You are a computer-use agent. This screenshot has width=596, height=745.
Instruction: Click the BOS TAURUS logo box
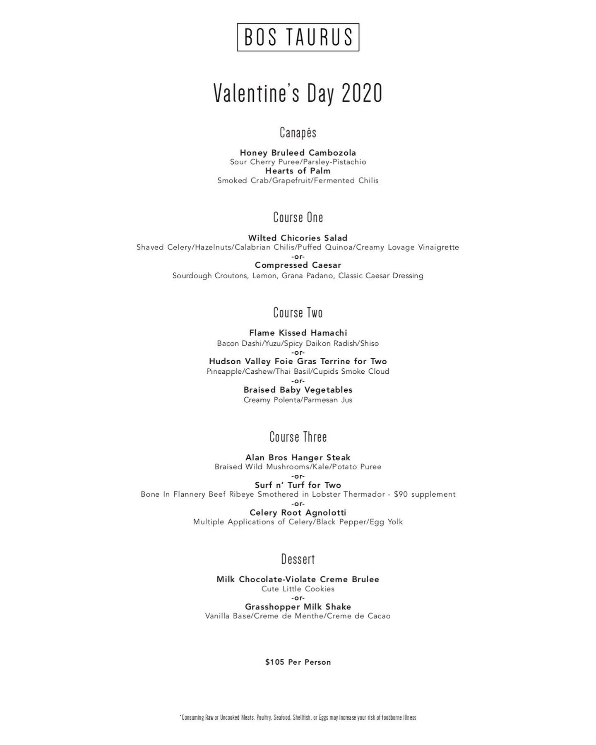(x=298, y=37)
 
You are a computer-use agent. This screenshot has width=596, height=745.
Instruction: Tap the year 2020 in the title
(x=362, y=94)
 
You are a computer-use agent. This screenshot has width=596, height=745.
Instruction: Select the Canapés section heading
(x=298, y=132)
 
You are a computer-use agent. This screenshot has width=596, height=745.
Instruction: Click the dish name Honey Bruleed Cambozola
(x=298, y=153)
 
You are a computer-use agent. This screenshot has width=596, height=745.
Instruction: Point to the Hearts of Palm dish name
(x=298, y=171)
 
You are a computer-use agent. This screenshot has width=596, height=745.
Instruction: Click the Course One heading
(x=298, y=217)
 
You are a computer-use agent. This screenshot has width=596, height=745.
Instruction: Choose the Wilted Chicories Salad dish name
(x=298, y=238)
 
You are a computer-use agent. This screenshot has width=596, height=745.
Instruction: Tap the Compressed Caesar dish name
(x=298, y=265)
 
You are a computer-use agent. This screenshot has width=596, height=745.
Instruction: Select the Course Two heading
(x=298, y=312)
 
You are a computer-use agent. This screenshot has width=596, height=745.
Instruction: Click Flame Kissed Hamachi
(x=298, y=333)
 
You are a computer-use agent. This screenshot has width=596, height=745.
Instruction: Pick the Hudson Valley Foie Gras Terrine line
(x=298, y=361)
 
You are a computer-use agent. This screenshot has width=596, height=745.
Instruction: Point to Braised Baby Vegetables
(x=298, y=390)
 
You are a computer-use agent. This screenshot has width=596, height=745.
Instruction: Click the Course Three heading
(x=298, y=437)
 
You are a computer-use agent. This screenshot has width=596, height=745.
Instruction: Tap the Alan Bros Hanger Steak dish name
(x=298, y=457)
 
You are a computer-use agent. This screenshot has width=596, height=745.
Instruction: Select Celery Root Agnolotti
(x=298, y=513)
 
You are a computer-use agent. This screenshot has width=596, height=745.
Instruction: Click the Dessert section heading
(x=298, y=559)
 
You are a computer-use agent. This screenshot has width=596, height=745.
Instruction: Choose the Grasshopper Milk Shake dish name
(x=298, y=607)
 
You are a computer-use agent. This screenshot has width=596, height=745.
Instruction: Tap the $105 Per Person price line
(x=298, y=662)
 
